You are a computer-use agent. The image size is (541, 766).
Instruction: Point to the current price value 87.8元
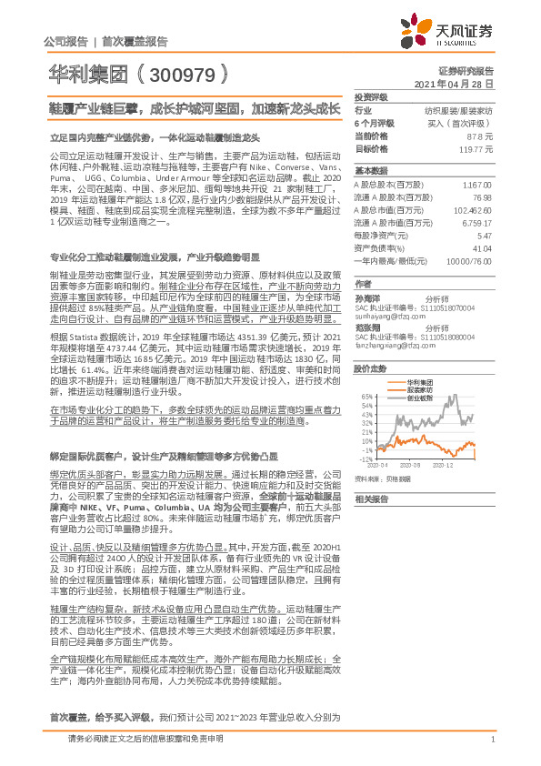480,135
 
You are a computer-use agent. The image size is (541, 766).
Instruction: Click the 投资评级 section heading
370,96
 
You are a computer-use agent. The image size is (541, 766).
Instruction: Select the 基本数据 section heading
370,170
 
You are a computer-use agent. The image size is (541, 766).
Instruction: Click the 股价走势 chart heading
370,368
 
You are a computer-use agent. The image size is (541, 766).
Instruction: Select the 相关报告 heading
370,499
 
